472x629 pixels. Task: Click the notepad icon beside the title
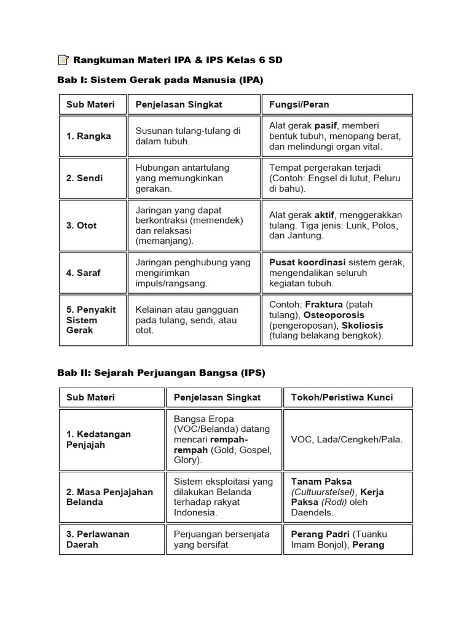click(x=63, y=60)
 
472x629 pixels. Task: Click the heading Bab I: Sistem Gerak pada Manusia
click(x=160, y=80)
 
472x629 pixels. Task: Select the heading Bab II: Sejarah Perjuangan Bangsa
click(x=161, y=373)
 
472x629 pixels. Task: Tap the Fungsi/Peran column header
click(x=299, y=104)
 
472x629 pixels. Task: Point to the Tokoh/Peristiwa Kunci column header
click(x=342, y=397)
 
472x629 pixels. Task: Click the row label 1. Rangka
click(x=88, y=136)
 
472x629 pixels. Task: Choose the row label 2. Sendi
click(x=85, y=178)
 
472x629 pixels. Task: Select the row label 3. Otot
click(x=81, y=225)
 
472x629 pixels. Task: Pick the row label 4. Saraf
click(x=84, y=273)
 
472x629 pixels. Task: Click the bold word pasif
click(x=326, y=125)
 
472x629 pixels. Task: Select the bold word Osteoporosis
click(x=335, y=315)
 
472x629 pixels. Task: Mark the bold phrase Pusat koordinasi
click(x=307, y=262)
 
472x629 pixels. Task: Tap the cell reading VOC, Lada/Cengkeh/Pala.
click(x=347, y=440)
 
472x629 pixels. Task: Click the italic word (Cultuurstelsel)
click(x=323, y=492)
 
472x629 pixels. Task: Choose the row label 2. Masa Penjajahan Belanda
click(x=109, y=497)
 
